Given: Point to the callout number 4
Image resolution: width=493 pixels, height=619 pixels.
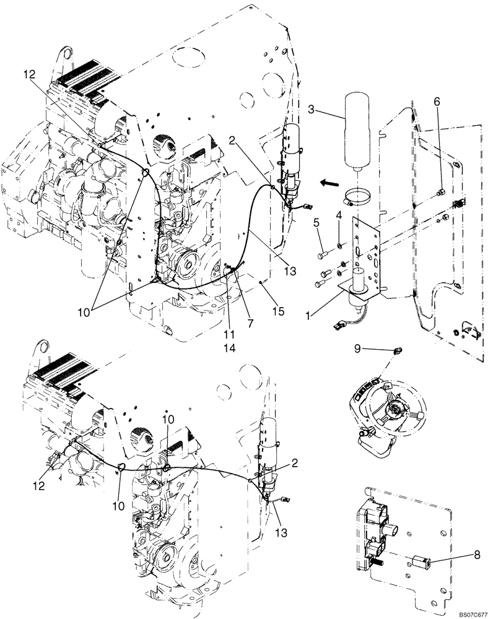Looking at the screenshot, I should tap(339, 215).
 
